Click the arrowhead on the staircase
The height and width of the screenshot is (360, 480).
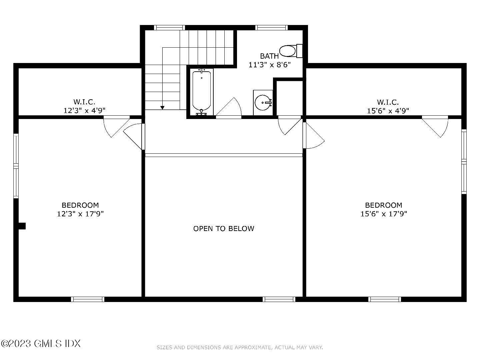(162, 107)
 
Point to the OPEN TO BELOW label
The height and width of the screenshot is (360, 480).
(224, 228)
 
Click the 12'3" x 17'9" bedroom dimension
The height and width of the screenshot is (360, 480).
(80, 214)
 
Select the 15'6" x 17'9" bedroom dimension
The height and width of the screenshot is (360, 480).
(384, 214)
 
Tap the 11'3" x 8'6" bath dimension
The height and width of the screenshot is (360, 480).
(270, 65)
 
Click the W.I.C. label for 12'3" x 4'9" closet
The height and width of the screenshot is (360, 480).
(84, 102)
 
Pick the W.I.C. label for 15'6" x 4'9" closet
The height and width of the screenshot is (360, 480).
(388, 102)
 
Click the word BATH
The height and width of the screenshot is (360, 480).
(269, 56)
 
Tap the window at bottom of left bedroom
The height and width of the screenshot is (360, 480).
(88, 299)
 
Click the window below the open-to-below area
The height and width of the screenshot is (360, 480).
(279, 299)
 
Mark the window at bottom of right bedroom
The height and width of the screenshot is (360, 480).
(385, 299)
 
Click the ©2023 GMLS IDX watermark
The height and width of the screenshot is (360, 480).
(41, 343)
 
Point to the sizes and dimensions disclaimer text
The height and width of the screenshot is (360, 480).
(240, 347)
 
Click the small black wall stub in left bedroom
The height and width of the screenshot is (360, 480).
(22, 226)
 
